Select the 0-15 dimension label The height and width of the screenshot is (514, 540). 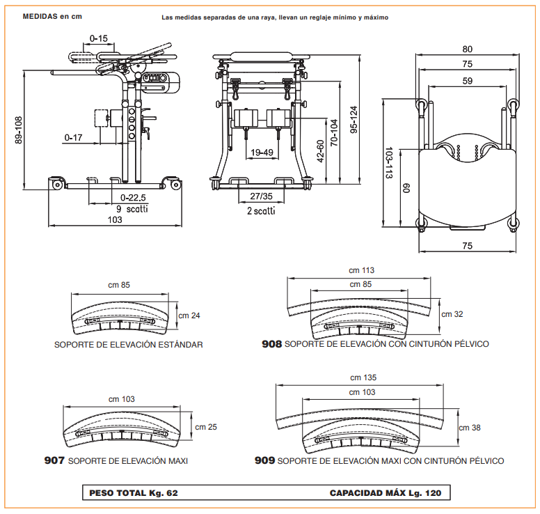(99, 38)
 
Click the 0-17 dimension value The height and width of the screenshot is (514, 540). (74, 138)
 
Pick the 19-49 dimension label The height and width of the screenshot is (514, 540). (262, 152)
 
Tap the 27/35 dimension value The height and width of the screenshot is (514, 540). (260, 197)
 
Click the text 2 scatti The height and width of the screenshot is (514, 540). (260, 210)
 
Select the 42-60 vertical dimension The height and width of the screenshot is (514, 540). (321, 150)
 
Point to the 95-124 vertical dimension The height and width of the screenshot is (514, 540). (354, 119)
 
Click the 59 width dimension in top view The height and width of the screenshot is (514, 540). (467, 81)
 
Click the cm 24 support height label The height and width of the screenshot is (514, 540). (189, 316)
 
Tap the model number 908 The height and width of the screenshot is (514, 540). (271, 344)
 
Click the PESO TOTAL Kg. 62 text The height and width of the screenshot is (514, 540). (134, 493)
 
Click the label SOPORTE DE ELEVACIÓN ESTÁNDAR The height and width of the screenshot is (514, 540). (129, 345)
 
